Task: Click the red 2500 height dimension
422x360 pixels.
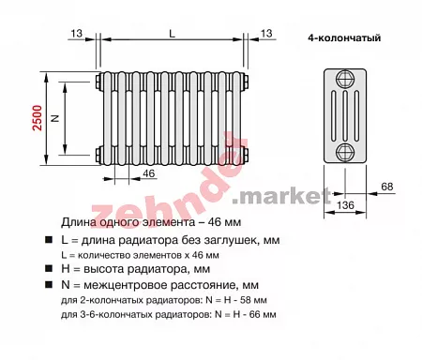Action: coord(38,118)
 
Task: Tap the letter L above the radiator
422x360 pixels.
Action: coord(172,34)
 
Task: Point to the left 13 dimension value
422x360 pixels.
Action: coord(76,33)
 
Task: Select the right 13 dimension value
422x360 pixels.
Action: coord(266,33)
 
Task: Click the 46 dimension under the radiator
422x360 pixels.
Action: coord(149,173)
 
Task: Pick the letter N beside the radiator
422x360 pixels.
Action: coord(55,118)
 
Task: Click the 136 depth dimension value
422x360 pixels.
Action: coord(345,205)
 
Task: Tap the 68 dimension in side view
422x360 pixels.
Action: coord(387,187)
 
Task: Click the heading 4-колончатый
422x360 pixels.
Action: coord(344,37)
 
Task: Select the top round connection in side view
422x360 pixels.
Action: coord(345,79)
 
